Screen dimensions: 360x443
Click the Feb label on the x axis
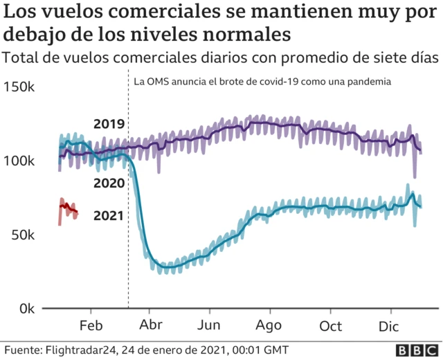click(91, 326)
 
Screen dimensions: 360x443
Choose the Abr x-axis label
click(151, 326)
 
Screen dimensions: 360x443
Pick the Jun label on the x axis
click(209, 326)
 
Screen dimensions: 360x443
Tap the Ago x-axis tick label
click(269, 326)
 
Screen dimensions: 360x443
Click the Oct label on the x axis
click(330, 326)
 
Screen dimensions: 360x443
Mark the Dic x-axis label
click(389, 326)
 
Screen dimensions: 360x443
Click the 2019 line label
click(109, 125)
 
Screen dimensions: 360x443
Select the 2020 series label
click(109, 183)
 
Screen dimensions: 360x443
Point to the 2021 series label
click(109, 215)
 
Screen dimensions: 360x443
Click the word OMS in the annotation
click(156, 82)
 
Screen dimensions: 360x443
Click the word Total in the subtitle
click(19, 57)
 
